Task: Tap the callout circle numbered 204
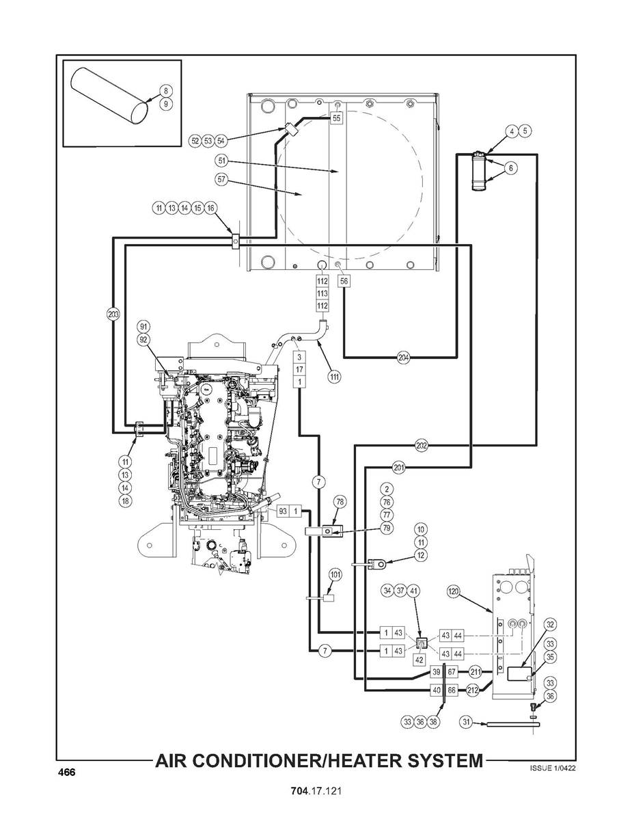(403, 358)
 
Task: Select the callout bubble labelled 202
(422, 446)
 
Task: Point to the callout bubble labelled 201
(399, 468)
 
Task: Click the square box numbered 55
(337, 118)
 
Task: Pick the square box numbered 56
(344, 281)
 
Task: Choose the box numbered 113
(322, 293)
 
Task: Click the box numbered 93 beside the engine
(283, 511)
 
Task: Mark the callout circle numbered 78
(340, 502)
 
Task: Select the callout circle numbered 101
(335, 575)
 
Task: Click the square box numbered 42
(420, 660)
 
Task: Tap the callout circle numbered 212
(472, 690)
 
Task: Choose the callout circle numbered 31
(467, 723)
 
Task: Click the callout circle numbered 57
(222, 179)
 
